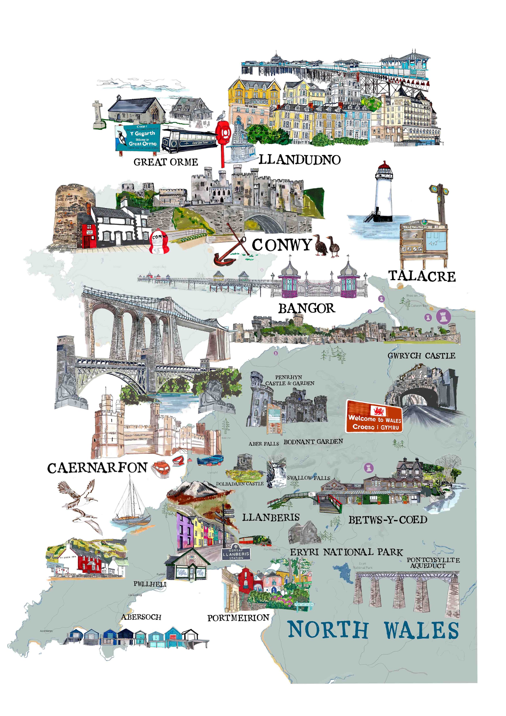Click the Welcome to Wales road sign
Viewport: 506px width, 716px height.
374,416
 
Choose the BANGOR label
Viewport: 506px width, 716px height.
307,308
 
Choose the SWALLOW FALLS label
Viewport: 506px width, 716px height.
308,478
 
